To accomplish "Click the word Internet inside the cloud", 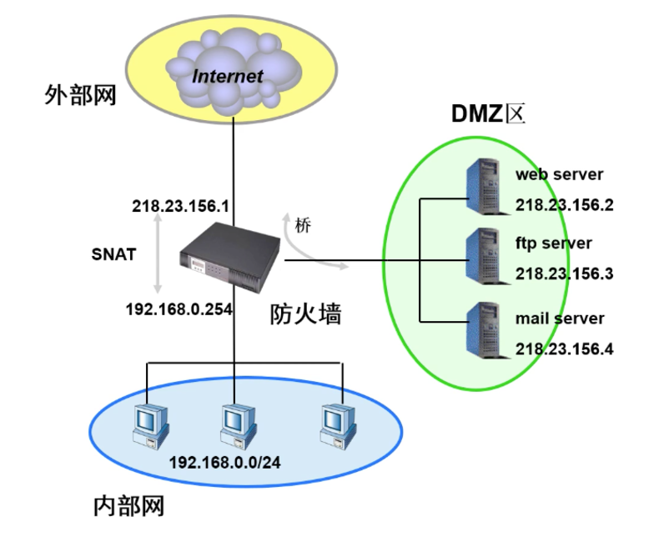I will pyautogui.click(x=228, y=76).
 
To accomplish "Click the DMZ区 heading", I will pyautogui.click(x=489, y=113).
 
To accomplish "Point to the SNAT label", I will pyautogui.click(x=113, y=254).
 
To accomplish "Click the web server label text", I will pyautogui.click(x=559, y=174).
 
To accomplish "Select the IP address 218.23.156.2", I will pyautogui.click(x=564, y=205).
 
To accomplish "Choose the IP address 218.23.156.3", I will pyautogui.click(x=564, y=274).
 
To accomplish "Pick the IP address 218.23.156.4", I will pyautogui.click(x=564, y=349).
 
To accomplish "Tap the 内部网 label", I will pyautogui.click(x=128, y=505).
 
